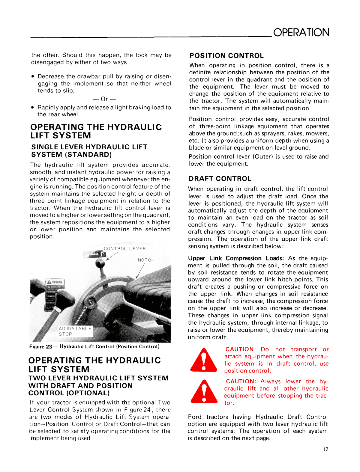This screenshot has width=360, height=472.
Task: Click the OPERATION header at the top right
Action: point(301,32)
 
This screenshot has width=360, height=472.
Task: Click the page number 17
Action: point(325,449)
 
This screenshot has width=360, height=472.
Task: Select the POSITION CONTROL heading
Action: point(226,56)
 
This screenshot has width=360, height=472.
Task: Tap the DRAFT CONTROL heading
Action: point(220,179)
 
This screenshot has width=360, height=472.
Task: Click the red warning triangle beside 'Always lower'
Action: point(204,392)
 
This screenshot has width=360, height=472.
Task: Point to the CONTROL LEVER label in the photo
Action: point(125,249)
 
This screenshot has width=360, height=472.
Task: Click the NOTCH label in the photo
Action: point(146,260)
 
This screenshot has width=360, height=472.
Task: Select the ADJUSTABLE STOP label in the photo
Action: point(75,331)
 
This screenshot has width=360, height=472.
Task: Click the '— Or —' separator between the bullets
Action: point(104,99)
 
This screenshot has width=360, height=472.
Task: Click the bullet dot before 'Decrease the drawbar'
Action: point(33,77)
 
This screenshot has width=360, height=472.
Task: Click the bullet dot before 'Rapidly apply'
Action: point(33,108)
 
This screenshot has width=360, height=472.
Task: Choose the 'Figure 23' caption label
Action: point(41,347)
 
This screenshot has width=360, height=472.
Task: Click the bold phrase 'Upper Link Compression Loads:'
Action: point(236,258)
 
